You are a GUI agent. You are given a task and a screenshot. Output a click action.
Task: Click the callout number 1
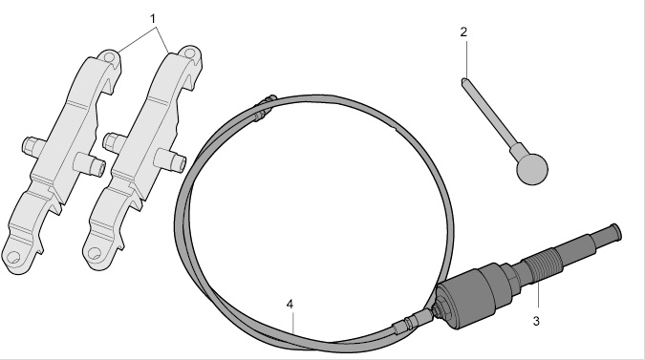153,19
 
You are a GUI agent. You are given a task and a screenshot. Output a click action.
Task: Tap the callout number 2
463,32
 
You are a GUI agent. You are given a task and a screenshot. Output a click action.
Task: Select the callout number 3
536,321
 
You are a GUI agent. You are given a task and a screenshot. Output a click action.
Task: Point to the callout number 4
290,305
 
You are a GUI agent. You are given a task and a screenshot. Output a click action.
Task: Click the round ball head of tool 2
532,168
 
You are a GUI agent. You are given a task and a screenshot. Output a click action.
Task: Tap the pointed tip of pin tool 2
463,79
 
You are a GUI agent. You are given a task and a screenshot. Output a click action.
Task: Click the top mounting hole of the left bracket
110,56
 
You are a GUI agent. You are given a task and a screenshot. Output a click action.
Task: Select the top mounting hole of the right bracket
189,53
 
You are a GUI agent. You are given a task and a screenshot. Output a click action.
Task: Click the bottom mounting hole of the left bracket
12,257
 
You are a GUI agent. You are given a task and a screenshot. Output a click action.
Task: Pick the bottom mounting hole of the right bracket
95,253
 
